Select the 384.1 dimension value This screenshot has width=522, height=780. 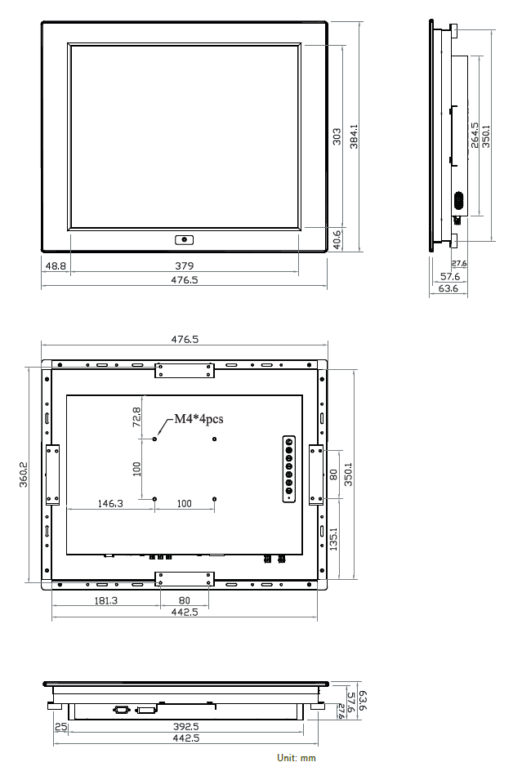[x=354, y=136]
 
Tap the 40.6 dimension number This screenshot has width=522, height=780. [x=337, y=239]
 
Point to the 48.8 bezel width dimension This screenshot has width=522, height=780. [x=56, y=265]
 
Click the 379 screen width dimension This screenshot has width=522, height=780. [x=184, y=265]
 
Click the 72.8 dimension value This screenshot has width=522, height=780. [x=137, y=417]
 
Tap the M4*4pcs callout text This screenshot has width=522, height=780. [x=196, y=420]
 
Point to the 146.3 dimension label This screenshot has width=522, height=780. [x=109, y=503]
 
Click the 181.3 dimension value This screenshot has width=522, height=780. [x=105, y=599]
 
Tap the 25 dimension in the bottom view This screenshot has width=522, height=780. [x=60, y=725]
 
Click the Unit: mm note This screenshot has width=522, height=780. [x=296, y=758]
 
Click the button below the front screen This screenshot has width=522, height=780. [x=184, y=240]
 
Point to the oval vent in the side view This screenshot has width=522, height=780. [x=458, y=201]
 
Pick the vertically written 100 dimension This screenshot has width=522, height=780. [x=137, y=469]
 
